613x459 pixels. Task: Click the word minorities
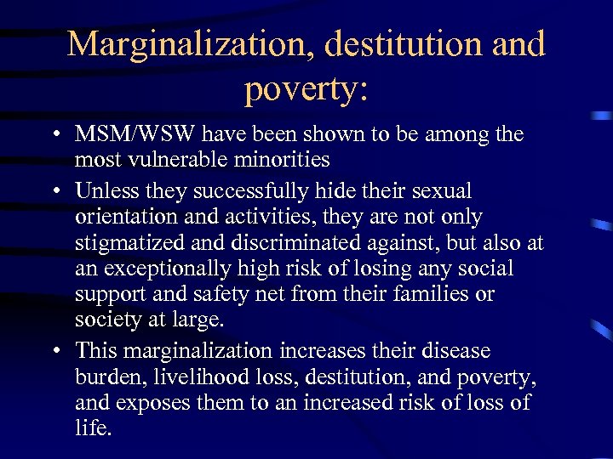[287, 159]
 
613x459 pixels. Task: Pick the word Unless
[103, 191]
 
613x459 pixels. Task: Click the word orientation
[123, 218]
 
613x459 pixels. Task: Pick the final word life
[93, 428]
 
